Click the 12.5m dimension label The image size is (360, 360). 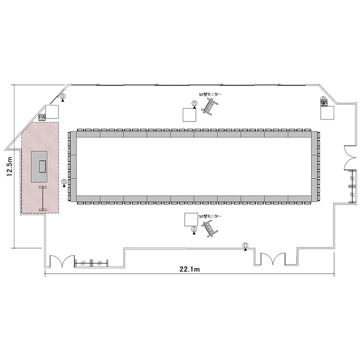click(x=9, y=166)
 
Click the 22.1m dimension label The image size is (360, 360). click(x=190, y=269)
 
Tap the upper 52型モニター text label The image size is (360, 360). click(x=210, y=95)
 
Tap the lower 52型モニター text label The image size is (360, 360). click(x=210, y=216)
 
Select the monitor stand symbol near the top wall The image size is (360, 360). click(x=209, y=106)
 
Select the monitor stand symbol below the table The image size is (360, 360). click(x=209, y=228)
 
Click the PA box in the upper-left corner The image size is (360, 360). click(x=42, y=117)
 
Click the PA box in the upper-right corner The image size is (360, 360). click(x=324, y=101)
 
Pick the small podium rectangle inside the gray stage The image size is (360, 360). click(x=42, y=167)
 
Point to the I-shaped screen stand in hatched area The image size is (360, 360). click(x=43, y=198)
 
